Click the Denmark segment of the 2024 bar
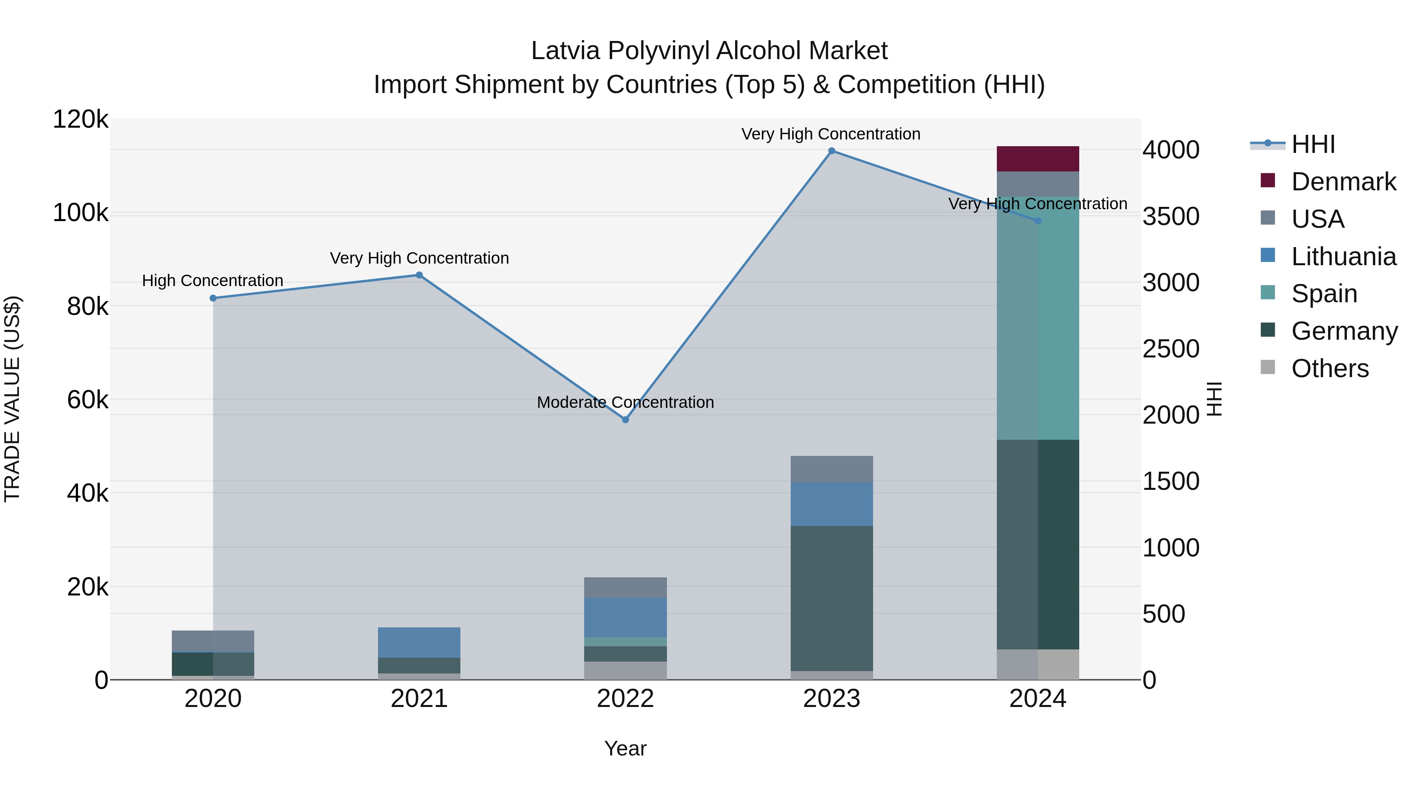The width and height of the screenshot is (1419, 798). [1038, 158]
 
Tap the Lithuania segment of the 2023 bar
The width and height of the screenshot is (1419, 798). [832, 504]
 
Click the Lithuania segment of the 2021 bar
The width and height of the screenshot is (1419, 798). [419, 642]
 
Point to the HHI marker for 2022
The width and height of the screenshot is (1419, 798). [625, 420]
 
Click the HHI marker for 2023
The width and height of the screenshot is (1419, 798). [832, 151]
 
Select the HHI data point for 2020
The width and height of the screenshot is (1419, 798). [213, 298]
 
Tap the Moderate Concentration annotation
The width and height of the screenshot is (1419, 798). [625, 403]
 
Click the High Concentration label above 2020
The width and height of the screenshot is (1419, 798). [212, 281]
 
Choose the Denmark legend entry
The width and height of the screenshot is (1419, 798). [1343, 182]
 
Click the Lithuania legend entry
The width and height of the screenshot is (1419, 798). [1343, 257]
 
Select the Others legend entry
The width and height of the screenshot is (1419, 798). [1330, 368]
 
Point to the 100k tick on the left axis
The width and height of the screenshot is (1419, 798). [80, 213]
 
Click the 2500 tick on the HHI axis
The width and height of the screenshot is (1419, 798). [1171, 349]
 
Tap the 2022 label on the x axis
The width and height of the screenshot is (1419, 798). [625, 699]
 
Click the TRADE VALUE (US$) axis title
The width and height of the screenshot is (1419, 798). [13, 399]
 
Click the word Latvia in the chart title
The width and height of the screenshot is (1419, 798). [565, 51]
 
